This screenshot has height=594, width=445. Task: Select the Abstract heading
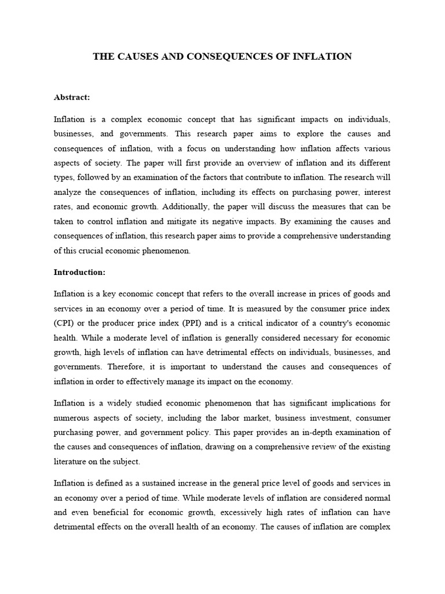[72, 97]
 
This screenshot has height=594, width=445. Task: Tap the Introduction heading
[78, 271]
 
